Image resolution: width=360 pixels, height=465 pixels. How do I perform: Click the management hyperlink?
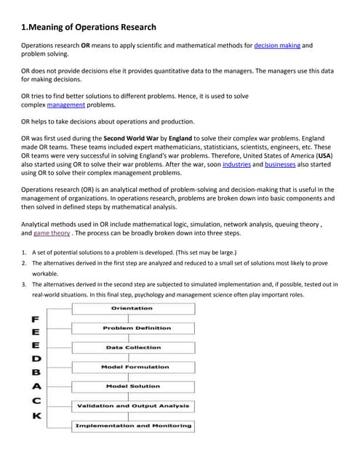65,105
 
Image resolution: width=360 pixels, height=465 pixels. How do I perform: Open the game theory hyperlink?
52,234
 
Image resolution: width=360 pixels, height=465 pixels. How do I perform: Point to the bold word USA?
324,155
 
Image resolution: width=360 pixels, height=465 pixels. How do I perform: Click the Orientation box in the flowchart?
132,309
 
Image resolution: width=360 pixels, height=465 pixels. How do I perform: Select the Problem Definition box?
132,328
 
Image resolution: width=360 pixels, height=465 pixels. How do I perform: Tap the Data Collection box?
132,347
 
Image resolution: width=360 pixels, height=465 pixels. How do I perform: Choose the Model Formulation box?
132,367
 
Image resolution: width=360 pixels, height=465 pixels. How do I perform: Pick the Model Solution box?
132,387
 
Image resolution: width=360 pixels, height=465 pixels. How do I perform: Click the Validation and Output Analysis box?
132,405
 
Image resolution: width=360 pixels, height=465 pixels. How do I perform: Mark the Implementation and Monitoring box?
132,425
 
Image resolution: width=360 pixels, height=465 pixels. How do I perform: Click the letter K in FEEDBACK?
36,416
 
